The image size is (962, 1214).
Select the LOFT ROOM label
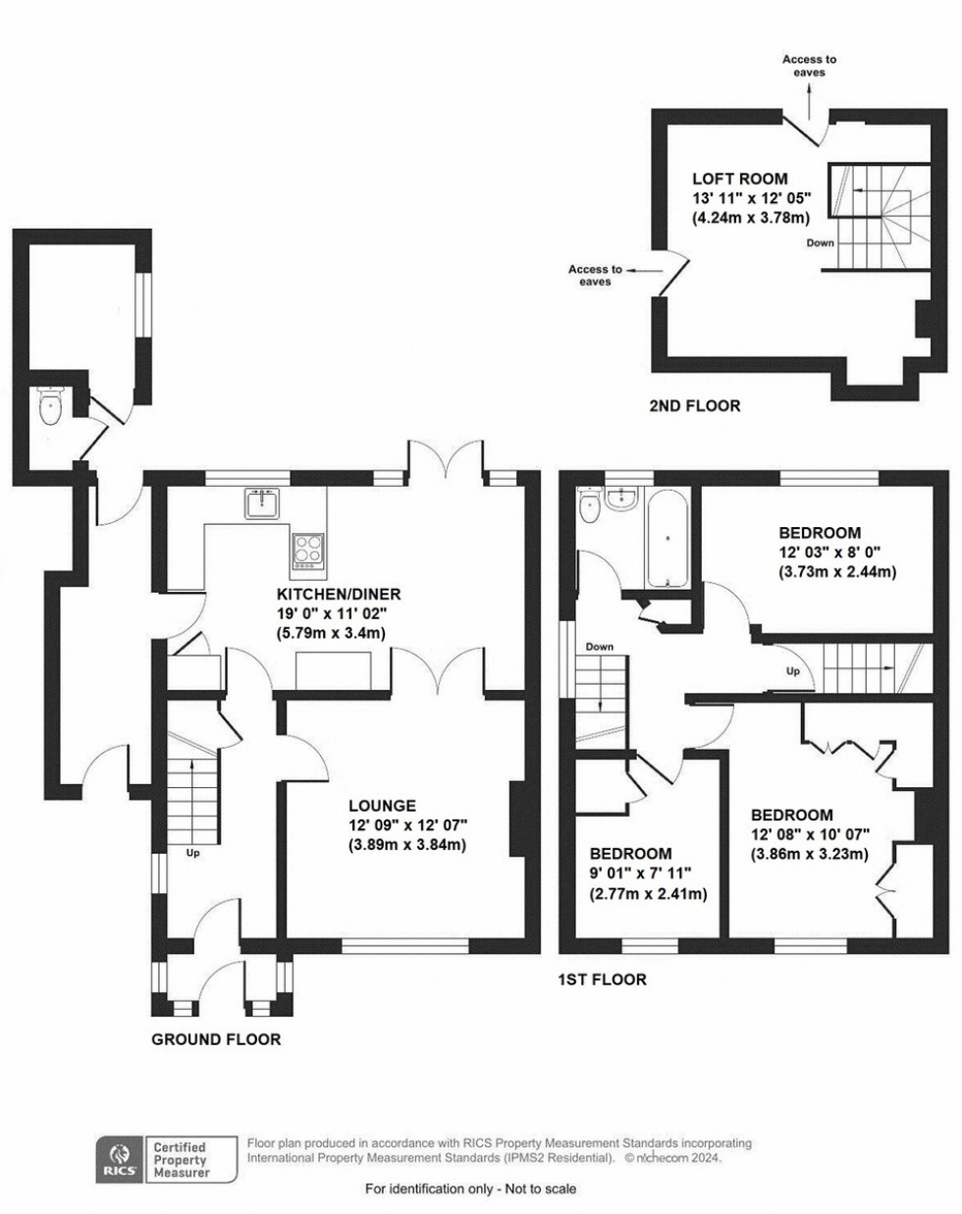(x=739, y=179)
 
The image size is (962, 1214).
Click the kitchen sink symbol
(x=263, y=504)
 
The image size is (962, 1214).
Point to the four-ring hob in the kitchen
(x=307, y=550)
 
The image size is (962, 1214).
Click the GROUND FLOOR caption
(x=215, y=1039)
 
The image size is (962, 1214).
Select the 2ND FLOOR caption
(x=694, y=405)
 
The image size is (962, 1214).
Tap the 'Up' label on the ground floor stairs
(x=192, y=853)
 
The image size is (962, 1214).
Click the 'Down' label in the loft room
(x=821, y=243)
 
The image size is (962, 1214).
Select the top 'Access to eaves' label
(x=803, y=66)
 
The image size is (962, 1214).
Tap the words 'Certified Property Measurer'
(x=185, y=1158)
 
